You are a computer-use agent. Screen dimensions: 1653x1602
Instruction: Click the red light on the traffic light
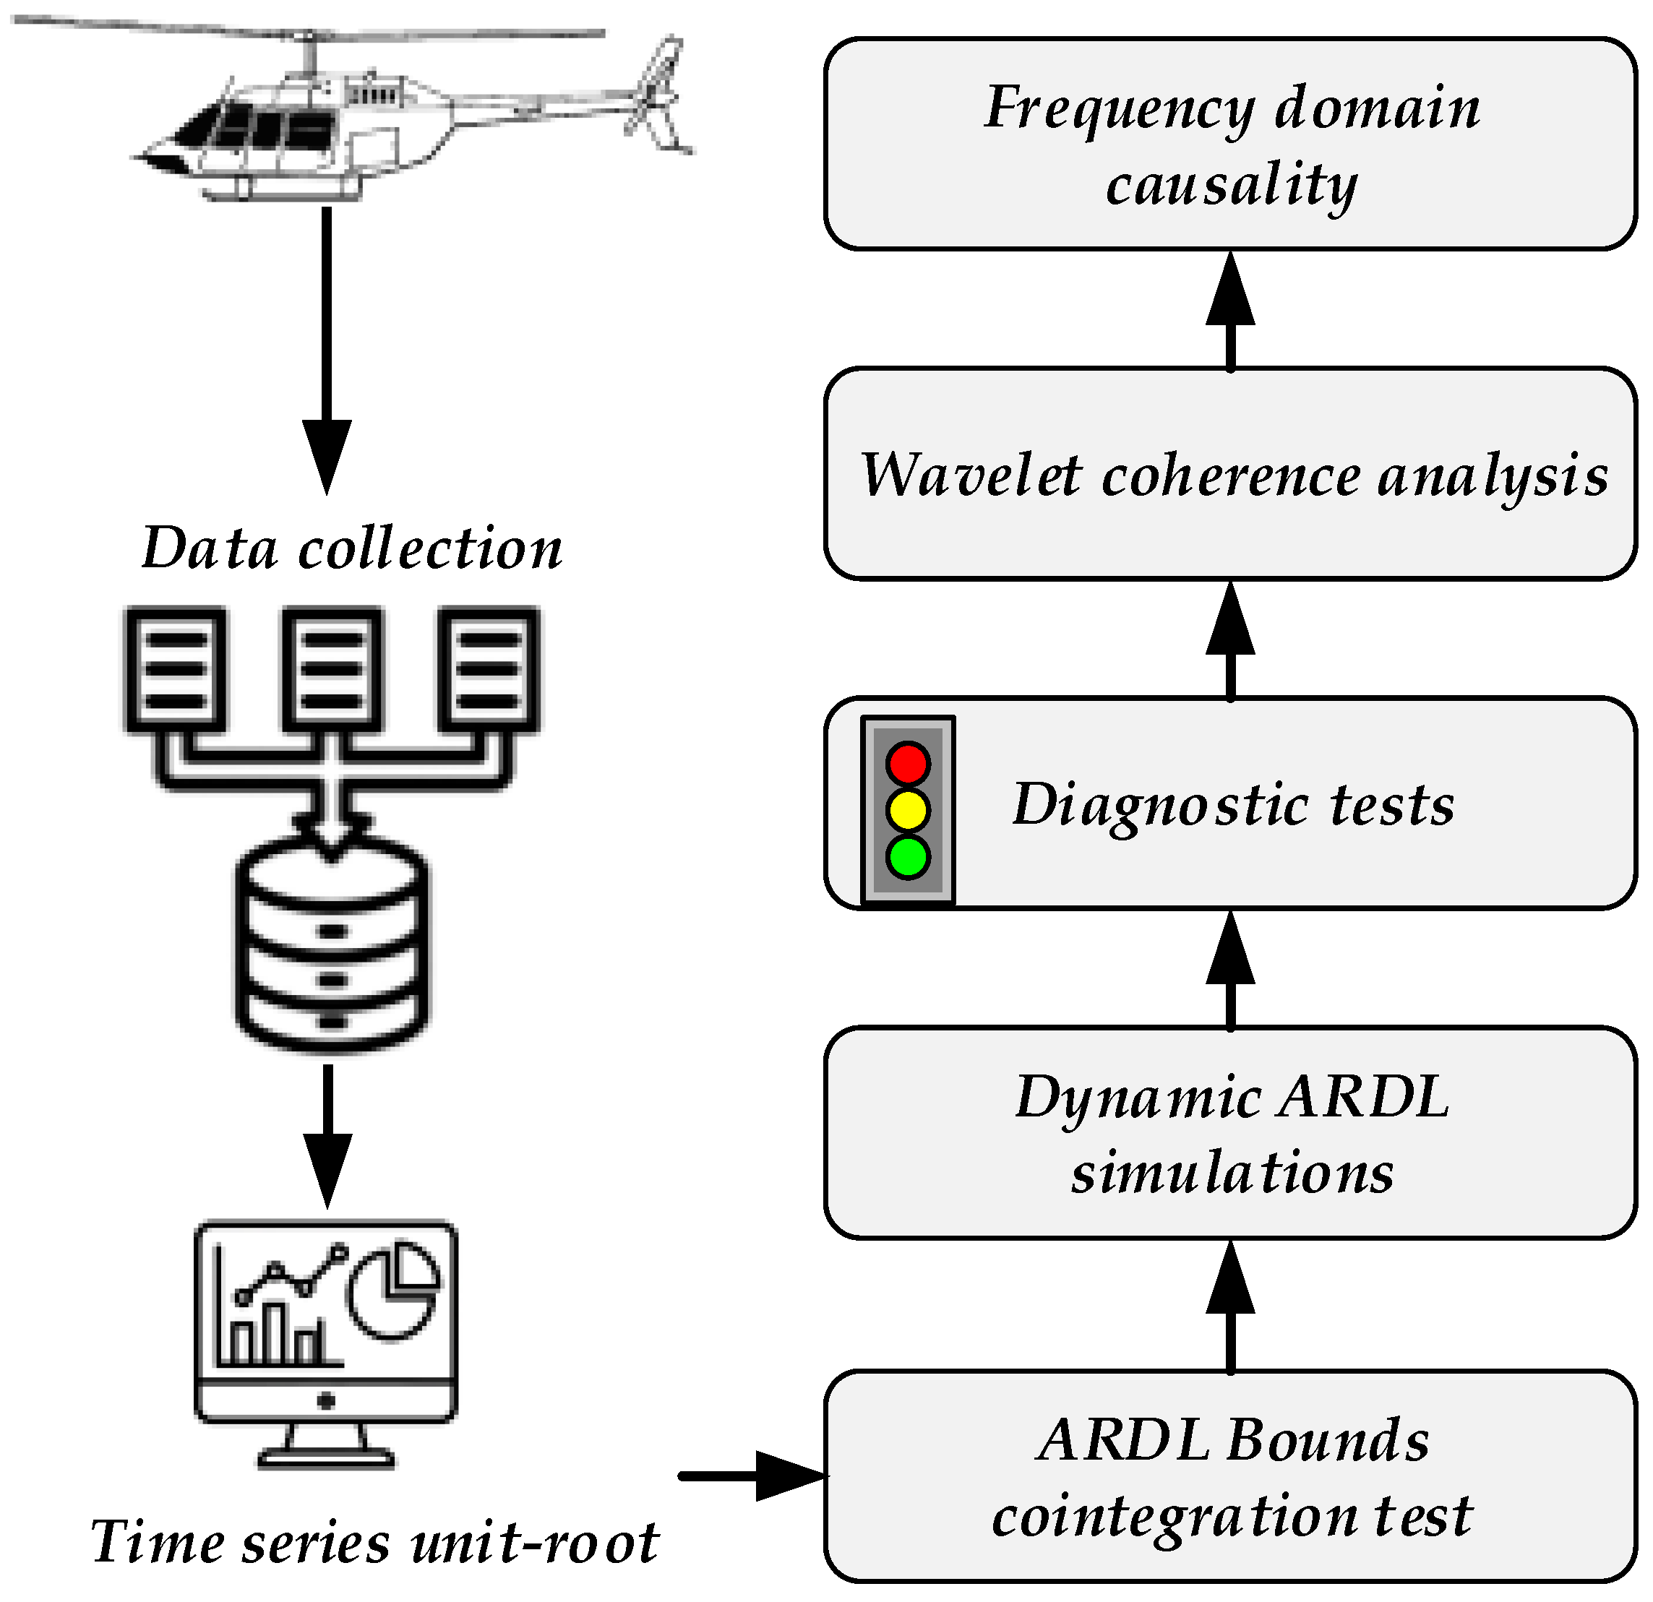909,764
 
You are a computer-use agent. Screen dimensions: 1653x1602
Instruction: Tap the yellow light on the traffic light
909,810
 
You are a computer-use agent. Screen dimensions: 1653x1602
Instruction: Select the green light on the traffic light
909,858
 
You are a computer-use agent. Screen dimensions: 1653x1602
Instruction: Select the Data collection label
352,548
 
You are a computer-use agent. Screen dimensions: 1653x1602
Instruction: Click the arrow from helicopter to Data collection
327,350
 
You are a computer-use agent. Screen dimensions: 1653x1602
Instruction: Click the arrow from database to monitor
327,1136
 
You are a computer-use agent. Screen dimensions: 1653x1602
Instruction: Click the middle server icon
332,668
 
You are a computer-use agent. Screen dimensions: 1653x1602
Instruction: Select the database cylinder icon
332,944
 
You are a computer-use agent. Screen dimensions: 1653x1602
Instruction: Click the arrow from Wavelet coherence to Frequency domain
1230,311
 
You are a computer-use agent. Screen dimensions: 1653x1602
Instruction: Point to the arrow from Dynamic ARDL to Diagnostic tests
1230,970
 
